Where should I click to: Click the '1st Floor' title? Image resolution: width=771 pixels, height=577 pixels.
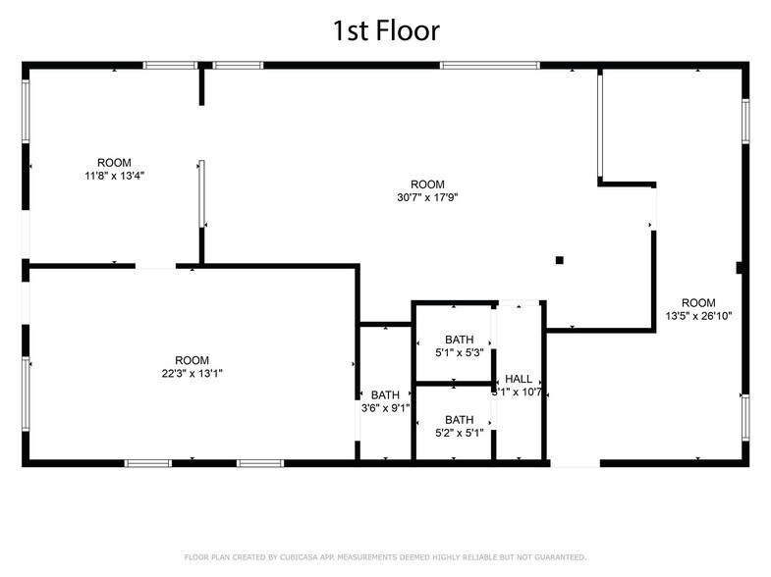[385, 29]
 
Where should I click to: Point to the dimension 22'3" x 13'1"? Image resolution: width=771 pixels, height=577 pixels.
[192, 373]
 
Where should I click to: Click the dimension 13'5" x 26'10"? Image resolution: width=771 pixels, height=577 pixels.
[698, 315]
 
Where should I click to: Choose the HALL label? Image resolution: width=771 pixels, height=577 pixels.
[518, 379]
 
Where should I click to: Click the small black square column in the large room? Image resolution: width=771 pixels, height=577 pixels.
[560, 260]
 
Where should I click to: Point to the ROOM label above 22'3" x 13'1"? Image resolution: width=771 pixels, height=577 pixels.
[192, 360]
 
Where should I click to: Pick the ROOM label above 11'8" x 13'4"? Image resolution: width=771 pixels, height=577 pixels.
[114, 163]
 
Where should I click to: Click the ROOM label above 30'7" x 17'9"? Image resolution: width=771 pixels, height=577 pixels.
[427, 184]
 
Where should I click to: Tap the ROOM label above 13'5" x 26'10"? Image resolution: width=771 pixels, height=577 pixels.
[698, 302]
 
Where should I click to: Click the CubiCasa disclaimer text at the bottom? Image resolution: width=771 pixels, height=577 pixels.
[385, 556]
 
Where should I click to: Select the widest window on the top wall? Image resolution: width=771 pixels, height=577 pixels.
[489, 66]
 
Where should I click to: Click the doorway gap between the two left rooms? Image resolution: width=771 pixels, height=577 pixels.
[155, 265]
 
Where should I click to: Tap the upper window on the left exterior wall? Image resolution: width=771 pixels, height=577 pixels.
[27, 113]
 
